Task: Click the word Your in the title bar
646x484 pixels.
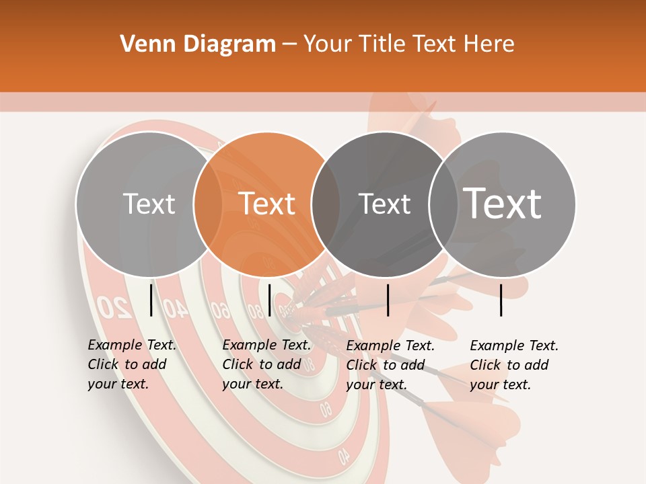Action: [329, 44]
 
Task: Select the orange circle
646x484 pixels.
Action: [266, 204]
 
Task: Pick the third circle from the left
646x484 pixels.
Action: [384, 204]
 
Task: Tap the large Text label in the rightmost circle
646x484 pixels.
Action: [503, 203]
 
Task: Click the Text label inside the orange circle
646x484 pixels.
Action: [267, 204]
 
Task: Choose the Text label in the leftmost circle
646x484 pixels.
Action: [149, 204]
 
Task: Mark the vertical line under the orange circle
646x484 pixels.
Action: [269, 300]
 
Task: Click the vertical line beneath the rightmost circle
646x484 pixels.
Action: [501, 300]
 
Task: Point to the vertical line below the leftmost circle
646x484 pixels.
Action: [151, 300]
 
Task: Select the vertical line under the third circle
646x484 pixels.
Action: [388, 300]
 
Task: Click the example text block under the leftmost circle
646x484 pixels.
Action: [131, 364]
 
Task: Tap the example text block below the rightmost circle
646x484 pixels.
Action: [513, 365]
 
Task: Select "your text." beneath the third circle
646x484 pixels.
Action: [376, 385]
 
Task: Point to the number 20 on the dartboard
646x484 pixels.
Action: [114, 307]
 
